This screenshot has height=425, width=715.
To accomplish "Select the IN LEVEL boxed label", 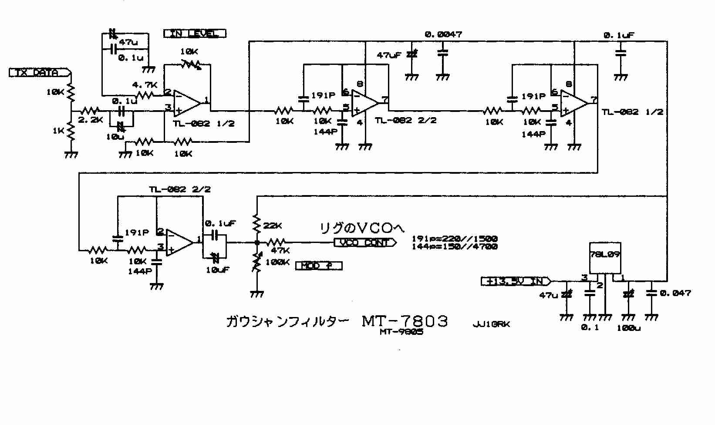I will [x=195, y=34].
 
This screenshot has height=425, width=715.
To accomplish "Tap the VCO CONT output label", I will [x=365, y=243].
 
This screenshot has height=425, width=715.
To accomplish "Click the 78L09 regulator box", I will [x=605, y=259].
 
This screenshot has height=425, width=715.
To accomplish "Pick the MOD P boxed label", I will [x=318, y=266].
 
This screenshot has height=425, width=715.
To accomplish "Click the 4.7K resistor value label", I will [x=145, y=85].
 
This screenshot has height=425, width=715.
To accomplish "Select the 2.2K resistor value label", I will [x=91, y=120].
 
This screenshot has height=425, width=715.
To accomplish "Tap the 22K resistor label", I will [x=273, y=226].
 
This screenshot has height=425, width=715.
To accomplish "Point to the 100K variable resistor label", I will [x=277, y=262].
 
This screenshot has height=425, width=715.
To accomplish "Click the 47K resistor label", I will [x=280, y=251].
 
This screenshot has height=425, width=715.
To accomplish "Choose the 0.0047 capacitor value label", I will [x=443, y=34].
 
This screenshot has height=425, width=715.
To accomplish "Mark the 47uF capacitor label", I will [x=389, y=55].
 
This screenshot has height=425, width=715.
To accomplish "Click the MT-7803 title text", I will [x=405, y=321].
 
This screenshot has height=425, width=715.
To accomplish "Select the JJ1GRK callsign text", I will [x=491, y=324].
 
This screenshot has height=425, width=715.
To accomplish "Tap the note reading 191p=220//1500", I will [x=454, y=239].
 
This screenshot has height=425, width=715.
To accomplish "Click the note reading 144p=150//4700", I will [x=454, y=246].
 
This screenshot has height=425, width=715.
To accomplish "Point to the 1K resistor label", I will [x=58, y=130].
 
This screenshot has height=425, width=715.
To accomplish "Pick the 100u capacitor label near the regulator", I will [x=628, y=328].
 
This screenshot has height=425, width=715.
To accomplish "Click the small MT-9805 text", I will [x=401, y=332].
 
